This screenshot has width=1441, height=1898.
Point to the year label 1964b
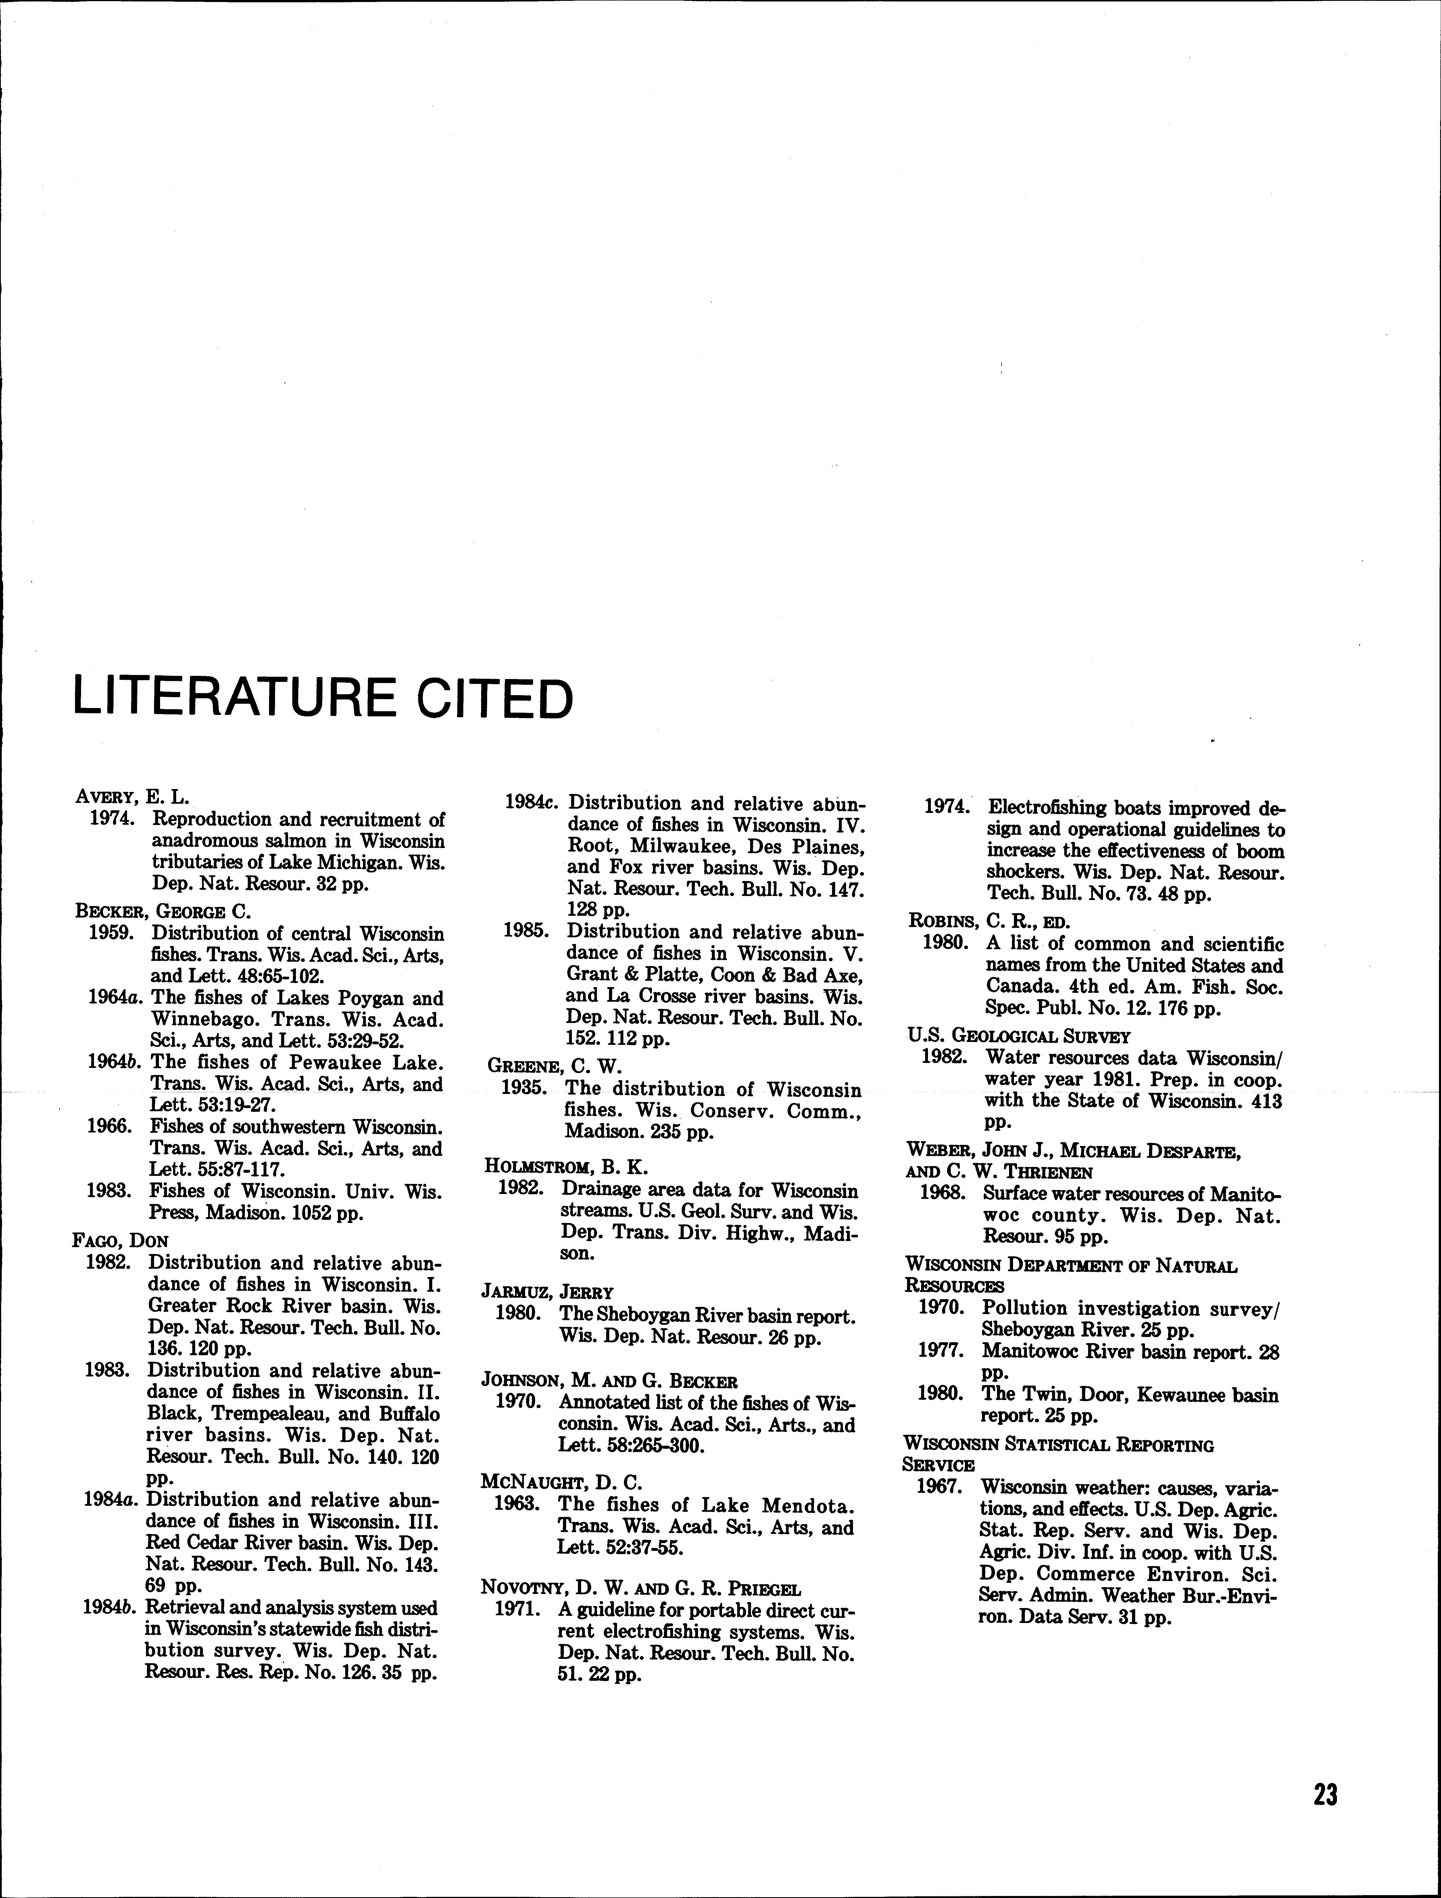115,1062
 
